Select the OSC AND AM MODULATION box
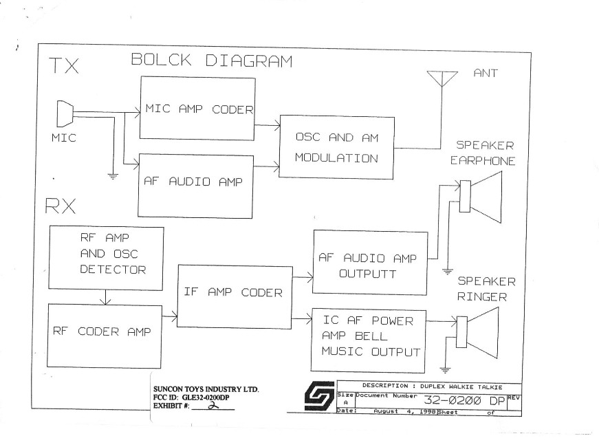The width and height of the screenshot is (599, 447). coord(336,148)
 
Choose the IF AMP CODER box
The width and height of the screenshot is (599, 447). coord(234,293)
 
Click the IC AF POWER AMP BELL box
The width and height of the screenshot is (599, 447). coord(369,336)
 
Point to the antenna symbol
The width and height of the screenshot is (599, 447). coord(440,78)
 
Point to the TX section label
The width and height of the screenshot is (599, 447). coord(63,67)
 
